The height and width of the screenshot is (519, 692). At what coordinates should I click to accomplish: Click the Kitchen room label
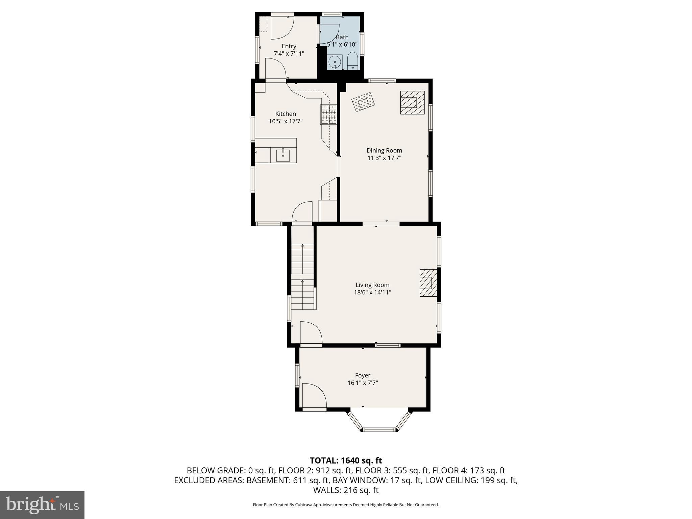pos(286,114)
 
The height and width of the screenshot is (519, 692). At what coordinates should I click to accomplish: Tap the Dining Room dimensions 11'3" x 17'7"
pos(384,158)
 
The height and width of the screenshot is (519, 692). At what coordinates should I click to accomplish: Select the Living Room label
pos(372,285)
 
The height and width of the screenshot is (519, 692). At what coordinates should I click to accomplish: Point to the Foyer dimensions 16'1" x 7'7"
pos(363,383)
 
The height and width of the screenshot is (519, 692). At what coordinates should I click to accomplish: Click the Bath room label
pos(342,37)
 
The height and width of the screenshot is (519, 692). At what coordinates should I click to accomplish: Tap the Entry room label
pos(289,46)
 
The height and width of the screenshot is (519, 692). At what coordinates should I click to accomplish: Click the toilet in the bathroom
pos(352,61)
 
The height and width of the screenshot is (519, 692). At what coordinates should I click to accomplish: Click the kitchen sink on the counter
pos(283,155)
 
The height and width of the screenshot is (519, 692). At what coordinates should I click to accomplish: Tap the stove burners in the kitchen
pos(328,114)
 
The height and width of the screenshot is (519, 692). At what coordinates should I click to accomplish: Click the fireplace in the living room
pos(428,283)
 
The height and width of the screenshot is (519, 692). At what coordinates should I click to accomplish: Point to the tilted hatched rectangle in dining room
pos(363,102)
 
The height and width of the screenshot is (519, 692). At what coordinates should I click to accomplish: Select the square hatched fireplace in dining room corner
pos(412,102)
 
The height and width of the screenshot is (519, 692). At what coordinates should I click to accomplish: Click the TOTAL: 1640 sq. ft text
pos(346,460)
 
